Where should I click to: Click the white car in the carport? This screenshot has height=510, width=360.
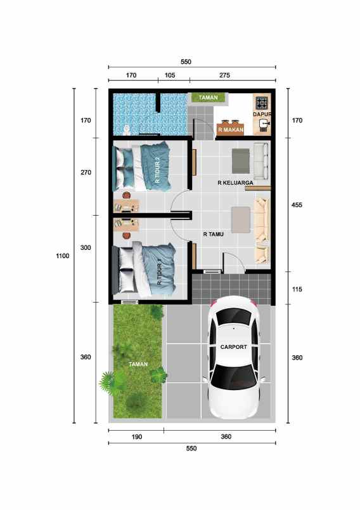point(234,358)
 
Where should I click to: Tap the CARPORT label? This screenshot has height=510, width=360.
point(234,347)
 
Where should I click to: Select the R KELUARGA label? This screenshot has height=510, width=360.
point(235,183)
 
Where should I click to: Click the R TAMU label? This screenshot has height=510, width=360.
point(214,234)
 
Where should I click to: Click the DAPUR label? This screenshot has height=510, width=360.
point(262,114)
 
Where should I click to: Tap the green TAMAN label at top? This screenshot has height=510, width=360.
point(209,98)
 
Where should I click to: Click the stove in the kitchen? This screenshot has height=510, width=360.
point(262,102)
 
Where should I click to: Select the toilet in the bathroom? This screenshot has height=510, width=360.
point(127,129)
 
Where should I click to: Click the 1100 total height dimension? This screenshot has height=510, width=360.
point(62,256)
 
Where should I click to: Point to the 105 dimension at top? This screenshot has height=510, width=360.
point(170,75)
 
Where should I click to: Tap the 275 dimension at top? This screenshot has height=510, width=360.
point(224,75)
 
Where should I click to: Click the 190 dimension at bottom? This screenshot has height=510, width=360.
point(136,437)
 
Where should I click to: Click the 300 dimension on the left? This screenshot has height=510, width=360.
point(86,248)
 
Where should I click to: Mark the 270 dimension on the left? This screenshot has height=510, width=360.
point(86,173)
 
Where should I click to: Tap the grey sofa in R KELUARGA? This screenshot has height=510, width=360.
point(260,160)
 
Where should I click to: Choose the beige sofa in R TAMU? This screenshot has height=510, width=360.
point(262,230)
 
